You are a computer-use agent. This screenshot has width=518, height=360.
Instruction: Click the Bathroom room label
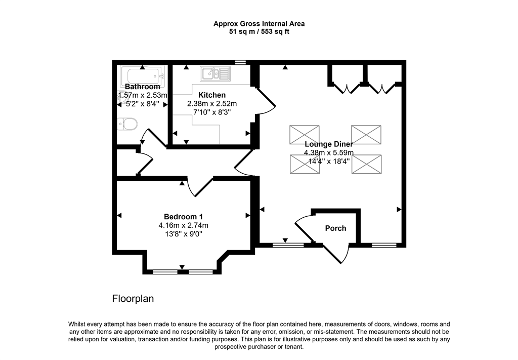(x=142, y=87)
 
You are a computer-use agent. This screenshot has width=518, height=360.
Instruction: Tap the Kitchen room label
(x=212, y=95)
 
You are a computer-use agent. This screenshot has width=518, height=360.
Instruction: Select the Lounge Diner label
(x=328, y=144)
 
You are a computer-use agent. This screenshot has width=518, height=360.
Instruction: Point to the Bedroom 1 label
(x=183, y=217)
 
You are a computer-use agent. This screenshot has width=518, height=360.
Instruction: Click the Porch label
(x=335, y=228)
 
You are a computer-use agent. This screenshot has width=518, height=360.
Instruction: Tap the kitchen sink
(x=215, y=74)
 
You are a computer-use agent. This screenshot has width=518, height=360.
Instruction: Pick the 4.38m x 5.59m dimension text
(x=328, y=153)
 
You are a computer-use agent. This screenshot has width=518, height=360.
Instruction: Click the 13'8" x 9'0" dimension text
(x=183, y=234)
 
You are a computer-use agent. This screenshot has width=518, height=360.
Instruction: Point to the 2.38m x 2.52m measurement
(x=212, y=104)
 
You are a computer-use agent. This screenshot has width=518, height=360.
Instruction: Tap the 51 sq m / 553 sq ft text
(x=258, y=31)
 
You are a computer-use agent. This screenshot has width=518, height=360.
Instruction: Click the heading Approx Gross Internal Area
(x=258, y=23)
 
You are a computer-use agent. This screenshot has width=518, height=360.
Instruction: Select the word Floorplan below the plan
(x=133, y=299)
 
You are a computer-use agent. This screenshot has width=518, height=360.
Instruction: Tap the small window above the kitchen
(x=241, y=62)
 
